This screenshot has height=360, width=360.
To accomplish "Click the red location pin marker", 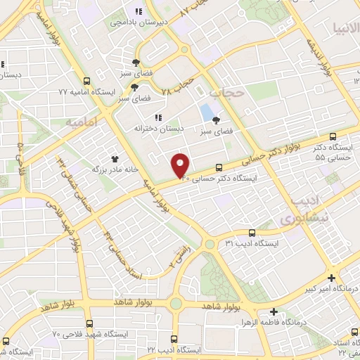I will click(x=181, y=165).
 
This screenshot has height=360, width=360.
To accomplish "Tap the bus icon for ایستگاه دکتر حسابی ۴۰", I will click(x=219, y=167).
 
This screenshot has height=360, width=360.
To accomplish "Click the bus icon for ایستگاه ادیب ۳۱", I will click(x=252, y=233).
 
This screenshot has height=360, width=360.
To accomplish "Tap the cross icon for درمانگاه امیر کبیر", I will click(x=331, y=278).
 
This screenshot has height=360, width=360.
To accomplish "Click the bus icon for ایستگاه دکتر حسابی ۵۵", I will click(x=333, y=137).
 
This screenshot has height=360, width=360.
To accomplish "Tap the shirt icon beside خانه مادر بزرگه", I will click(x=115, y=160).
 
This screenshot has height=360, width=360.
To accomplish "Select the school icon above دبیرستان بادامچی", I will click(x=139, y=11).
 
